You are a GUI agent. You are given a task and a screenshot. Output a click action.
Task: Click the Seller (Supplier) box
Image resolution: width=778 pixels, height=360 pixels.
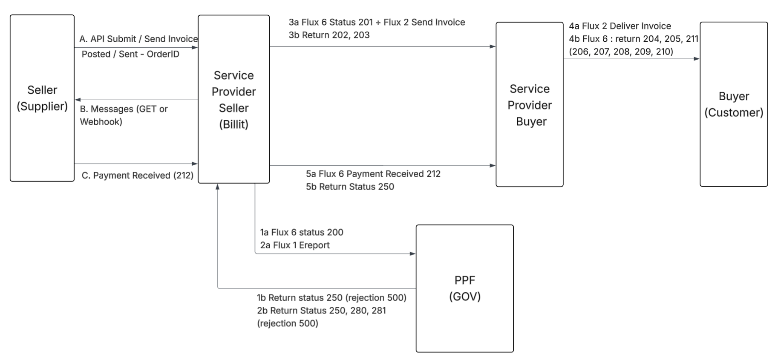click(42, 98)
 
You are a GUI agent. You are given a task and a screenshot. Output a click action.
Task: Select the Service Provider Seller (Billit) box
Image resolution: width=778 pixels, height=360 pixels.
click(233, 99)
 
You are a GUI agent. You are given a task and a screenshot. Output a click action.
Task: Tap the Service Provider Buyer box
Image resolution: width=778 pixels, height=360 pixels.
click(530, 104)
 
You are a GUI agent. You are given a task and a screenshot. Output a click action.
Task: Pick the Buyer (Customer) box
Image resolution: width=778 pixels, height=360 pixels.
click(733, 104)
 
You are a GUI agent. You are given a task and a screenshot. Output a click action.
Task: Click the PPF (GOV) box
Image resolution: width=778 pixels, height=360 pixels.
click(464, 288)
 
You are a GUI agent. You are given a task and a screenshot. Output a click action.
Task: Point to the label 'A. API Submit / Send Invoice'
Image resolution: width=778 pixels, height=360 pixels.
click(138, 39)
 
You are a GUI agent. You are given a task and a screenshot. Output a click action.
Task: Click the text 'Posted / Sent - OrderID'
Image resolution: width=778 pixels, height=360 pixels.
click(130, 54)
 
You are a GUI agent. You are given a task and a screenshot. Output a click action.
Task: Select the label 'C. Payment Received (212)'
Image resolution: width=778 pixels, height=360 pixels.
click(137, 176)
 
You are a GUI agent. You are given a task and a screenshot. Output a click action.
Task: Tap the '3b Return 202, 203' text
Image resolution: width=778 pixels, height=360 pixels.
click(329, 35)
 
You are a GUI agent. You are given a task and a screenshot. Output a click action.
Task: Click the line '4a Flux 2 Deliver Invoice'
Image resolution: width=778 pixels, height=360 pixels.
click(620, 26)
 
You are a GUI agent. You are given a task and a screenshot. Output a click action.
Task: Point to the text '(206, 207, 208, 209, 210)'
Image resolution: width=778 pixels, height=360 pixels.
click(621, 52)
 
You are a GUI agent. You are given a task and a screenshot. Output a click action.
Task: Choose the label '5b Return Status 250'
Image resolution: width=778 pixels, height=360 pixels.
click(350, 187)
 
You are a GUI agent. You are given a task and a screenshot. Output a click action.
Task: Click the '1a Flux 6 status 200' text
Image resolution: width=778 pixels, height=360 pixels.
click(302, 232)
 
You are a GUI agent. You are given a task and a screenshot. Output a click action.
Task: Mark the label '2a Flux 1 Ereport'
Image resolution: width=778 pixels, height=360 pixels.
click(295, 245)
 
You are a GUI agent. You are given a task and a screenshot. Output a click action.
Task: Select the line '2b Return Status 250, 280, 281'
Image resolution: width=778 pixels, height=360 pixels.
click(321, 311)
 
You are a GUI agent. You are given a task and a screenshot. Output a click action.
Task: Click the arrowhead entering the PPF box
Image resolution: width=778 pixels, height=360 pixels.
click(413, 254)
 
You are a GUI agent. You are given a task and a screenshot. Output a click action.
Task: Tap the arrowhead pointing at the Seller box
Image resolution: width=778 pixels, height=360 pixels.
click(78, 100)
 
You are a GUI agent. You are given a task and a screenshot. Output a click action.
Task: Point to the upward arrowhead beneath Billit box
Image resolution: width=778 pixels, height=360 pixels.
click(218, 187)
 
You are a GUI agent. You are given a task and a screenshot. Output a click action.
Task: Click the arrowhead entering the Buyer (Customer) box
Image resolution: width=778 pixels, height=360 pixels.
click(697, 59)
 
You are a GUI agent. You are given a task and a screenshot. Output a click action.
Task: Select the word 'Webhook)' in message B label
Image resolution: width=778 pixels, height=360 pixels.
click(101, 122)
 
